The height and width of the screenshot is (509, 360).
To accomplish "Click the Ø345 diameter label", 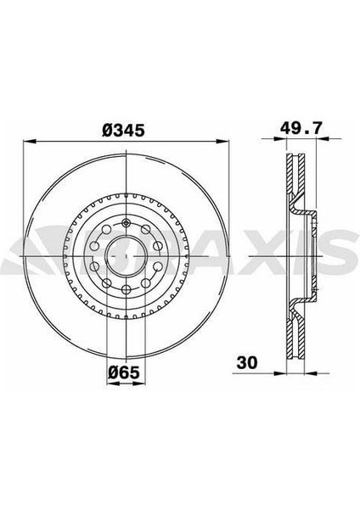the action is point(123,131).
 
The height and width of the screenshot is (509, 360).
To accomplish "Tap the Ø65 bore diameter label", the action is point(123,372).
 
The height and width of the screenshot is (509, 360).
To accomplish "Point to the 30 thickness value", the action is point(247,362).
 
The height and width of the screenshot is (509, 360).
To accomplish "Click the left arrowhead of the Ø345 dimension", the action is point(29,141).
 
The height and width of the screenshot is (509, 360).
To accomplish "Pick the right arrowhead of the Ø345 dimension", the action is point(223,141).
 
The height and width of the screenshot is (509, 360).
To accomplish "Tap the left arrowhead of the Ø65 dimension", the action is point(112,383).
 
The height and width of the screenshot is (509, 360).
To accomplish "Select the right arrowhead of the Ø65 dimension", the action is point(139,383).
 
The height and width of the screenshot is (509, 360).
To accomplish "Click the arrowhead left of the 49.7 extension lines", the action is point(280,138).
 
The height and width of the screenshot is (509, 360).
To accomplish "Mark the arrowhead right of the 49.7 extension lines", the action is point(322,138).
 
